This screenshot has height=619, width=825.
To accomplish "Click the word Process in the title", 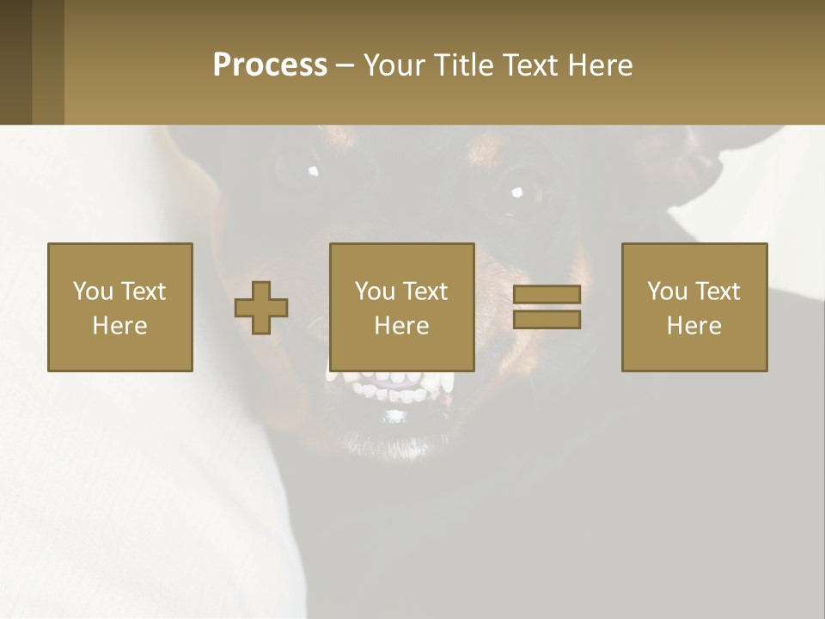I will pyautogui.click(x=270, y=65).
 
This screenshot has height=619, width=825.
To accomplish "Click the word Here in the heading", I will pyautogui.click(x=602, y=65).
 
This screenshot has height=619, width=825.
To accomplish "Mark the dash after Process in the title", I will pyautogui.click(x=345, y=67).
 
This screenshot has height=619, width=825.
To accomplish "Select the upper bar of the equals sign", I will pyautogui.click(x=547, y=294).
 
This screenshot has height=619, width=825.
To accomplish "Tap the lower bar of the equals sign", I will pyautogui.click(x=547, y=320).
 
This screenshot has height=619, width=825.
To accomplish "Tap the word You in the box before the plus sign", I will pyautogui.click(x=92, y=291).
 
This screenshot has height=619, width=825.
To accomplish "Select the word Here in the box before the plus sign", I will pyautogui.click(x=120, y=326).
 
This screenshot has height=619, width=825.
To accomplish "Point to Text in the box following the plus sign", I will pyautogui.click(x=425, y=291).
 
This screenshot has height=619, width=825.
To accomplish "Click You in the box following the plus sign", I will pyautogui.click(x=375, y=291).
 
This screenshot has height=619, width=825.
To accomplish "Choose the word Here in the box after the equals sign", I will pyautogui.click(x=694, y=326).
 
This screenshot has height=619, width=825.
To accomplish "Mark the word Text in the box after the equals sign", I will pyautogui.click(x=717, y=291).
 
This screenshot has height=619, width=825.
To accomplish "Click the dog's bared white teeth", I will pyautogui.click(x=391, y=384).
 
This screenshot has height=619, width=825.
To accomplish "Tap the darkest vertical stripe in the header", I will pyautogui.click(x=15, y=62).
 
